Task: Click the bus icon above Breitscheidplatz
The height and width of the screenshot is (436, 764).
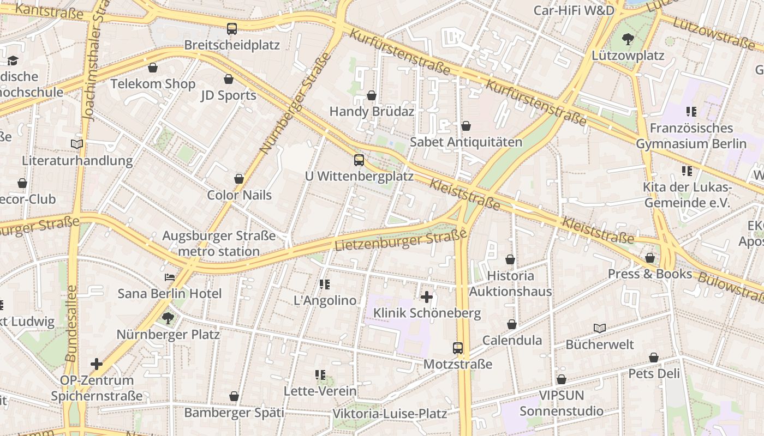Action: [x=232, y=29]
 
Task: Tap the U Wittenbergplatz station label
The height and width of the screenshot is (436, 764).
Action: [x=359, y=176]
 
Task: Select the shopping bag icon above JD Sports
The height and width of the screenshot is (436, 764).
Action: [x=229, y=80]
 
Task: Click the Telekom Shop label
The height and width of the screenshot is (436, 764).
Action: [x=153, y=84]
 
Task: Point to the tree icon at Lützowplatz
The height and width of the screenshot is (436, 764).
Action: [x=628, y=39]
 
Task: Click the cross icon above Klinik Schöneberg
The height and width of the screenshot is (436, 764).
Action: [x=427, y=297]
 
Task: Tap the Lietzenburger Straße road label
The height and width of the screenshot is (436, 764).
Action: [x=401, y=240]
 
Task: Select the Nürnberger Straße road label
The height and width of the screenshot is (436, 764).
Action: [x=295, y=104]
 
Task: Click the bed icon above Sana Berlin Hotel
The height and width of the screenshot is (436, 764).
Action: [x=170, y=277]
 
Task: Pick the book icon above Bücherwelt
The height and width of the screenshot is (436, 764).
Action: [x=600, y=328]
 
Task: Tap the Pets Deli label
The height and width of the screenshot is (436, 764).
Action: [x=654, y=374]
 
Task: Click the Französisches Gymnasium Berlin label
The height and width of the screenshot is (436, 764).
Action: [x=691, y=136]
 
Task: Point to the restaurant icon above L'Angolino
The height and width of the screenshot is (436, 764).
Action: [x=325, y=284]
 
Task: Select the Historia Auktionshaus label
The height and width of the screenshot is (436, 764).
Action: [x=511, y=283]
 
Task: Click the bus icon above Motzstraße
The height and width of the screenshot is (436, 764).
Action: [x=458, y=348]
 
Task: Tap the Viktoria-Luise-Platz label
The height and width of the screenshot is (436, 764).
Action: [x=390, y=414]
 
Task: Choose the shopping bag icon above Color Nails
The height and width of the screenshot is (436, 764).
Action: [x=239, y=179]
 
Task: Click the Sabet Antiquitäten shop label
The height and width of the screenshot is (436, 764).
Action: [x=465, y=142]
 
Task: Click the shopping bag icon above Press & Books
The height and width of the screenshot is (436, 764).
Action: [x=650, y=258]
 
